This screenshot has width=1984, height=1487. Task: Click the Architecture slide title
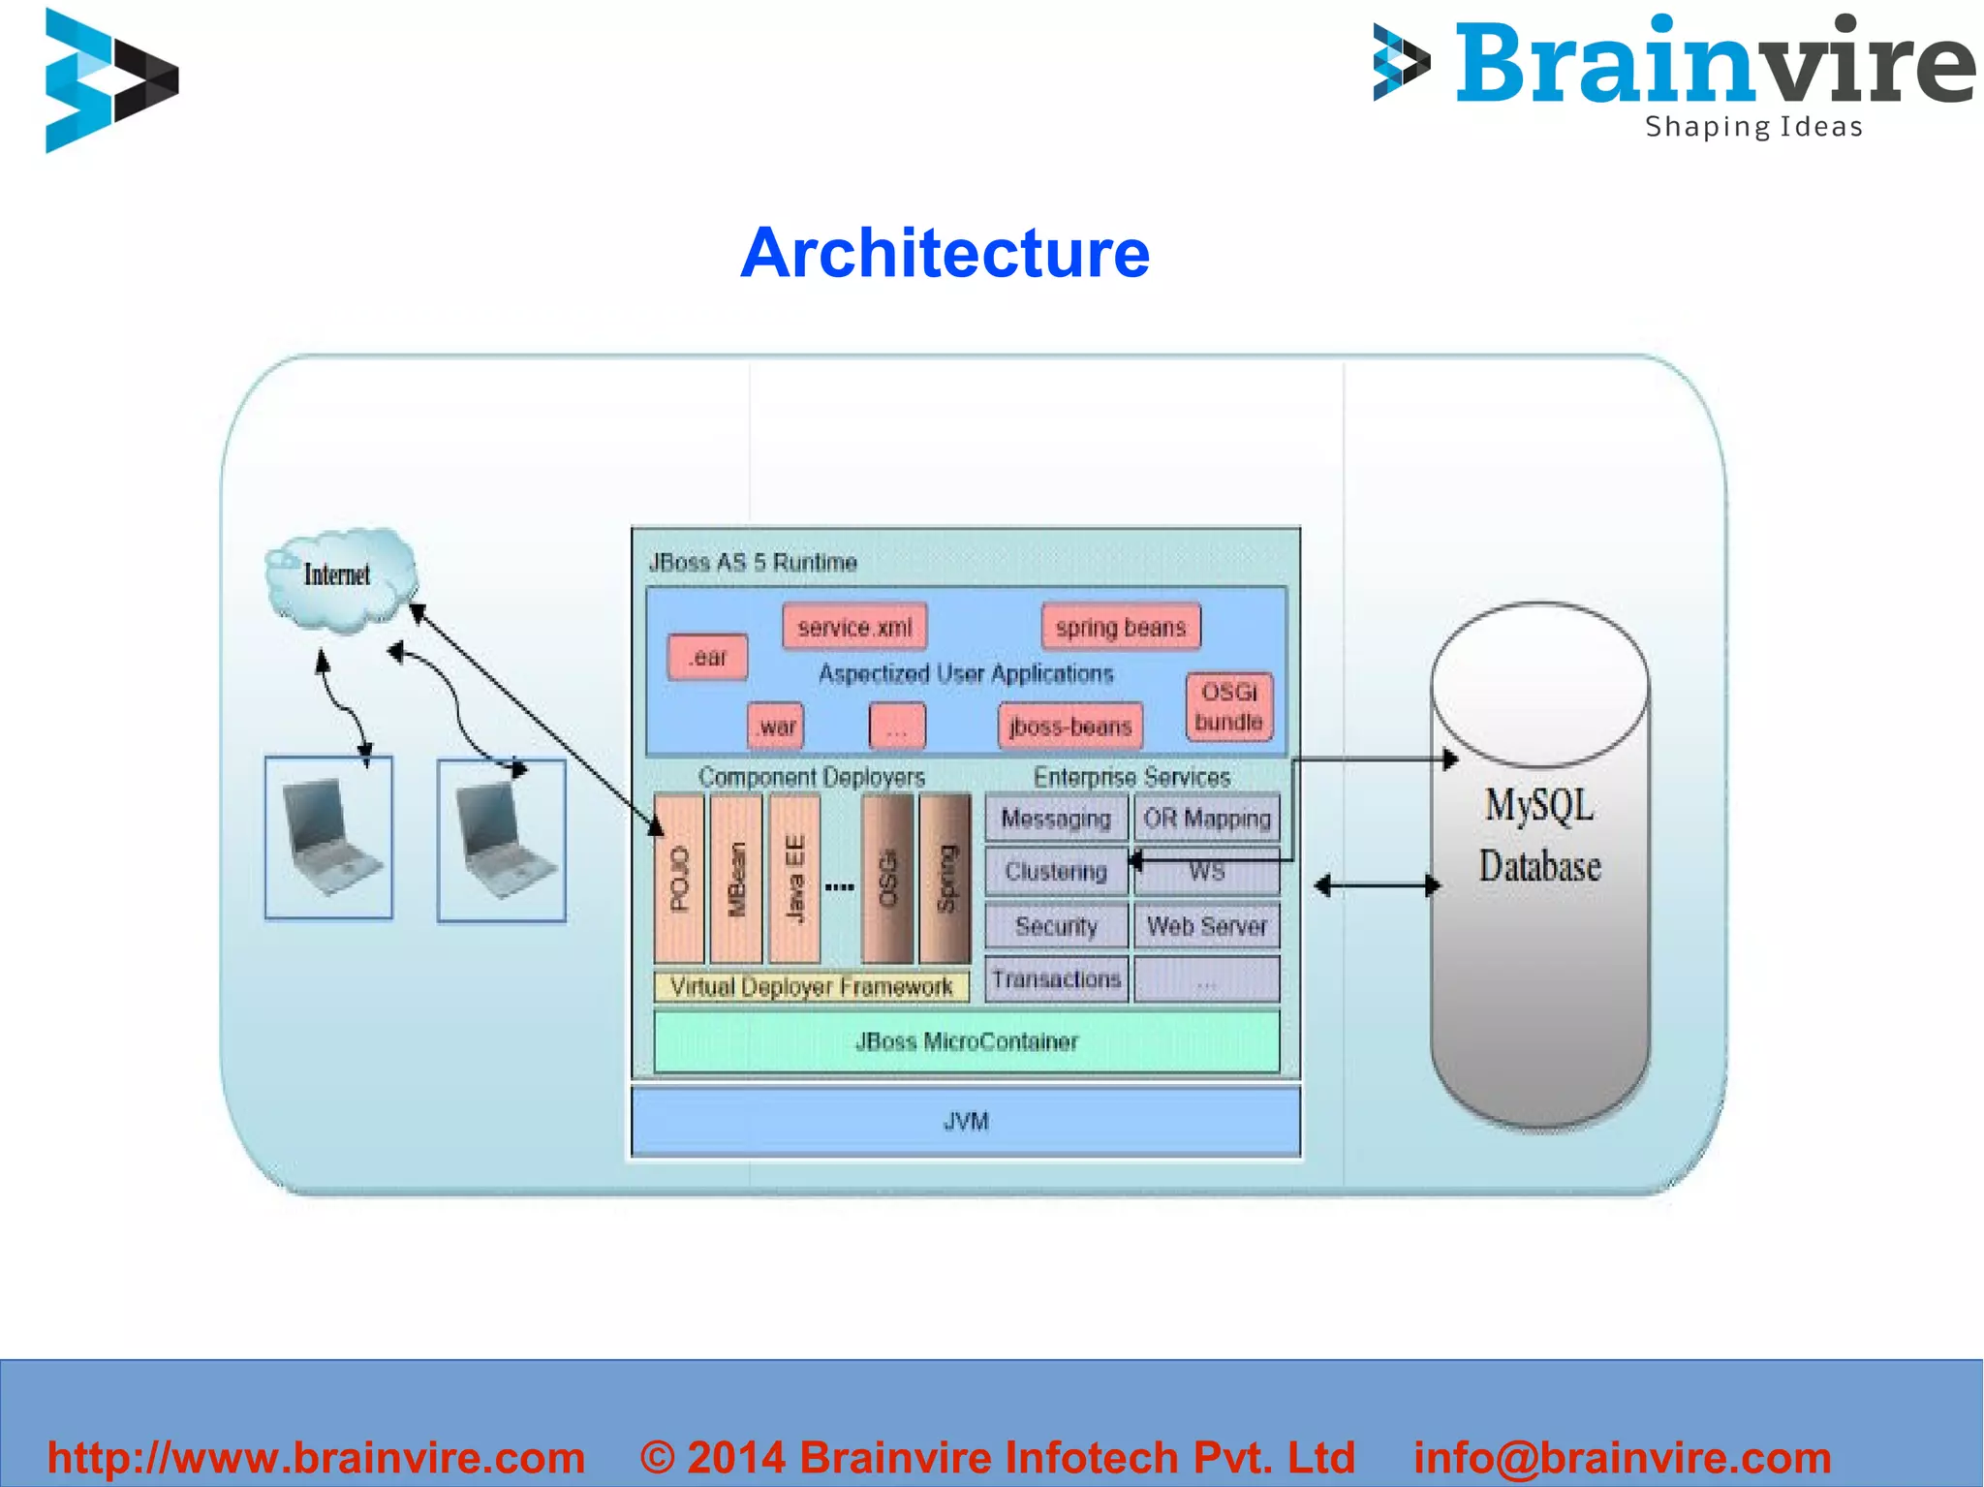coord(945,253)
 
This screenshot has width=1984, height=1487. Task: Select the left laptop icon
coord(328,838)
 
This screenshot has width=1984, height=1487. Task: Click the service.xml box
coord(854,628)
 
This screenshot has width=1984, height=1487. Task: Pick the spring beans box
coord(1121,627)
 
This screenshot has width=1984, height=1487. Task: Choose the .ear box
coord(707,658)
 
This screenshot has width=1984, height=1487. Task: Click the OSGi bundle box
coord(1228,707)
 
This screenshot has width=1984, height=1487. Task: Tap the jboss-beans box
coord(1069,727)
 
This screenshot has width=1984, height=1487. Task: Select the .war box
coord(775,727)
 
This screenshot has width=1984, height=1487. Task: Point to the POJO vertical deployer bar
coord(679,879)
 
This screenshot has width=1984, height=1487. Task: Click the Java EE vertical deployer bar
coord(794,879)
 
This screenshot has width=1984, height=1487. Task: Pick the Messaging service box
coord(1056,819)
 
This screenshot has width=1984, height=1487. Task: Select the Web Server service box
coord(1206,926)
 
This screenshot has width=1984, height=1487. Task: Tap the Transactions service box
coord(1056,979)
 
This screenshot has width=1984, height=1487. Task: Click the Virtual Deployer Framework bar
coord(811,986)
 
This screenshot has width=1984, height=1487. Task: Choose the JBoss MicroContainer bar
coord(966,1041)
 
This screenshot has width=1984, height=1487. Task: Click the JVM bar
coord(966,1121)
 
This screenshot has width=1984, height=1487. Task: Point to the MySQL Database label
coord(1539,836)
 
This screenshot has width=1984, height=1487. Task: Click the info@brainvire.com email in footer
coord(1622,1458)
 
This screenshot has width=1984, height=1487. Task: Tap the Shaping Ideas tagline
coord(1753,127)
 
